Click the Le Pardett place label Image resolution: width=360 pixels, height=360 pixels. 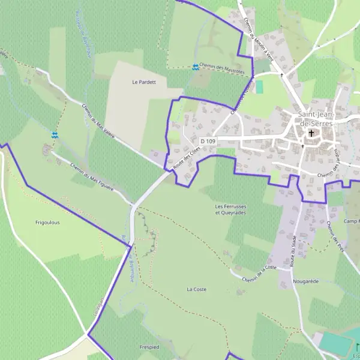pos(143,82)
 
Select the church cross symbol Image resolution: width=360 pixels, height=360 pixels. pos(311,133)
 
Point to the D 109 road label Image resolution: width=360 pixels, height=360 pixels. pos(208,141)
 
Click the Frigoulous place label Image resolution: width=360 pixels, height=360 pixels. pos(47,223)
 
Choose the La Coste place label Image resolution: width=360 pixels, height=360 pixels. pos(196,289)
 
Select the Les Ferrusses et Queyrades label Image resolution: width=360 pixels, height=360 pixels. pos(231,209)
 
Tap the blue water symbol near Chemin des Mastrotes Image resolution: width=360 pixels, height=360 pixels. pos(196,67)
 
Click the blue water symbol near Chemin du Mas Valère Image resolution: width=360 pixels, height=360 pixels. pos(55,135)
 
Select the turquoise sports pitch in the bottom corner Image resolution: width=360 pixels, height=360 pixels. pos(335,343)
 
